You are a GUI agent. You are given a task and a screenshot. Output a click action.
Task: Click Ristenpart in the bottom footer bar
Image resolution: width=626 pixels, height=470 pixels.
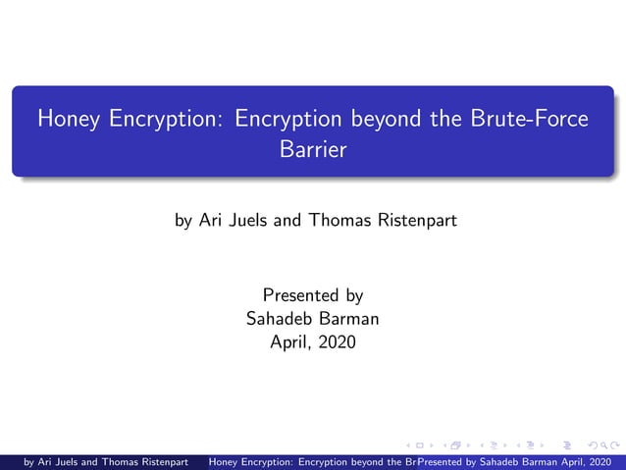click(x=156, y=461)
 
